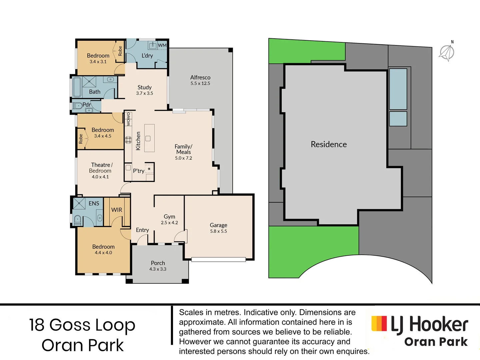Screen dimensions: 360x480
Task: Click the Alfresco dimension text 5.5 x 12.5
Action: [200, 83]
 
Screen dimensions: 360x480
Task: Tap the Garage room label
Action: [218, 225]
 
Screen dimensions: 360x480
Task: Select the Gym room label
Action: [169, 217]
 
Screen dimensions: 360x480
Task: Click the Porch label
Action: [158, 263]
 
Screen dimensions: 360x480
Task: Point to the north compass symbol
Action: [447, 52]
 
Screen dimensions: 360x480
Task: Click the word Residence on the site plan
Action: [329, 144]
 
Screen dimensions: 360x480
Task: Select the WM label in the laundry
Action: [162, 45]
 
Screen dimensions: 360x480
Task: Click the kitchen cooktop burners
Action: [128, 140]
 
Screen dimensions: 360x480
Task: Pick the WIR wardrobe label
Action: [117, 210]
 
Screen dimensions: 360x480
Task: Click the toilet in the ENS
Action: [77, 219]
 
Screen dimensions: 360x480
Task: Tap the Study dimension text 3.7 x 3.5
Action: [144, 93]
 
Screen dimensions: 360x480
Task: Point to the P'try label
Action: [139, 171]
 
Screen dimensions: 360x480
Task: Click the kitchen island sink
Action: [148, 138]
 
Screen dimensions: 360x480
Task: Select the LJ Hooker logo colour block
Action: [379, 323]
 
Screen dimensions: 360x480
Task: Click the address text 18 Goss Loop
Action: [82, 325]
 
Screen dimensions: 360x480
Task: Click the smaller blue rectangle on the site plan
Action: [398, 119]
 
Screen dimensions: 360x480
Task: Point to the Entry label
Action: [142, 230]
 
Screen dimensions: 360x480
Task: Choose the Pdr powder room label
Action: [87, 105]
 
